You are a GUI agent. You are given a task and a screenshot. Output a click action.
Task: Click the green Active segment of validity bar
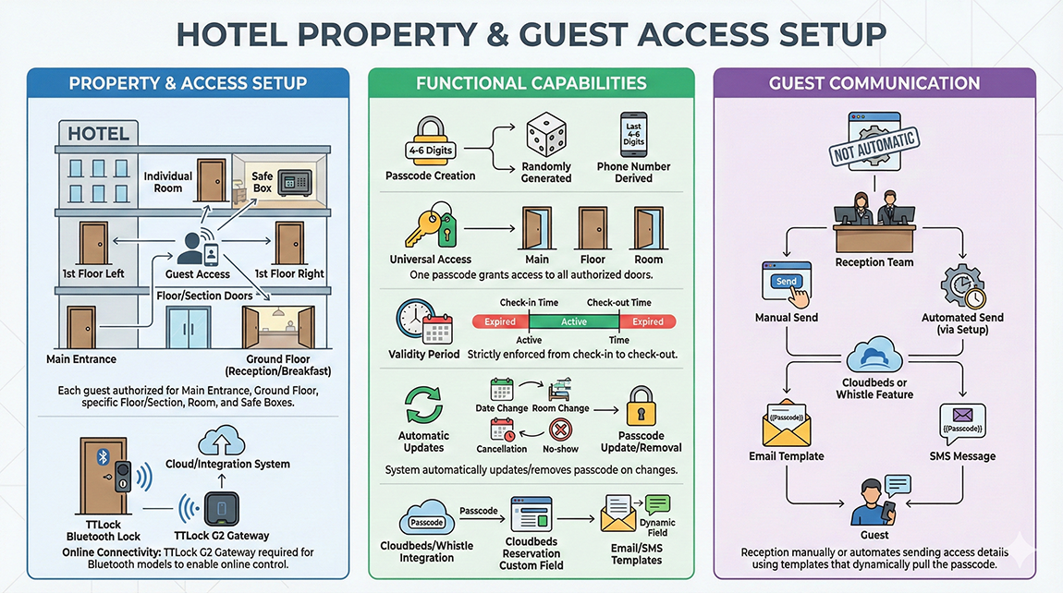tap(573, 321)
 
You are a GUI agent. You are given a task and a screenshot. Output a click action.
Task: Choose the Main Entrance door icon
tap(81, 328)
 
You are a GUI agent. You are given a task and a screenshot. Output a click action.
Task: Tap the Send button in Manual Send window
tap(787, 283)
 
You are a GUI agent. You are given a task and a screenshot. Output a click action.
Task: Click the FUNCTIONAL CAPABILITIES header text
tap(531, 84)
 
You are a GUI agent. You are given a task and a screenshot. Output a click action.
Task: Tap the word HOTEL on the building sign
tap(99, 134)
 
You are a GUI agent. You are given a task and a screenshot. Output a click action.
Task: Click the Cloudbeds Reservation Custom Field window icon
tap(531, 513)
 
